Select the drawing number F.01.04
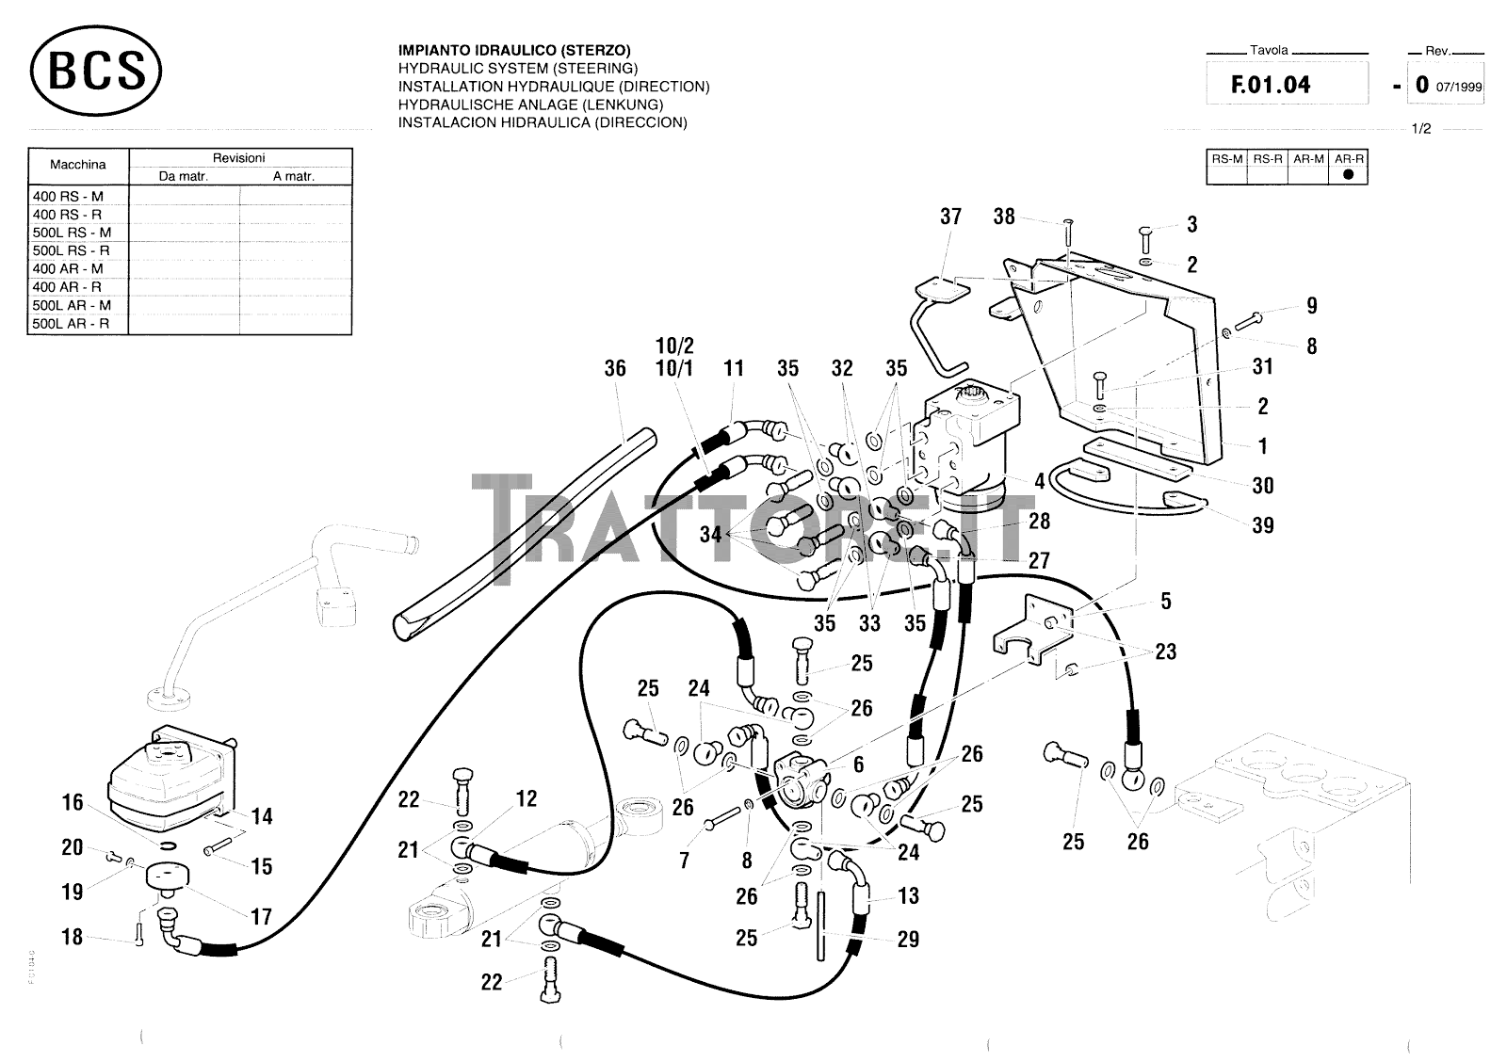point(1271,85)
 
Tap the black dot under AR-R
point(1348,174)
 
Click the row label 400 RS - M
point(68,197)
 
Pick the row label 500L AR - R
point(72,324)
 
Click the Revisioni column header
point(238,158)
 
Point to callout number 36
point(615,368)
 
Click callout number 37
point(951,217)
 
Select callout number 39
point(1263,525)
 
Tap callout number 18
point(73,937)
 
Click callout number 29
point(908,939)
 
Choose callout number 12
point(527,799)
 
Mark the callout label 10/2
point(674,346)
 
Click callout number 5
point(1166,601)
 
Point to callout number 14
point(262,816)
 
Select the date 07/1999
point(1459,88)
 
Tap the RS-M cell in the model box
point(1226,159)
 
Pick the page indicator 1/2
point(1421,129)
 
